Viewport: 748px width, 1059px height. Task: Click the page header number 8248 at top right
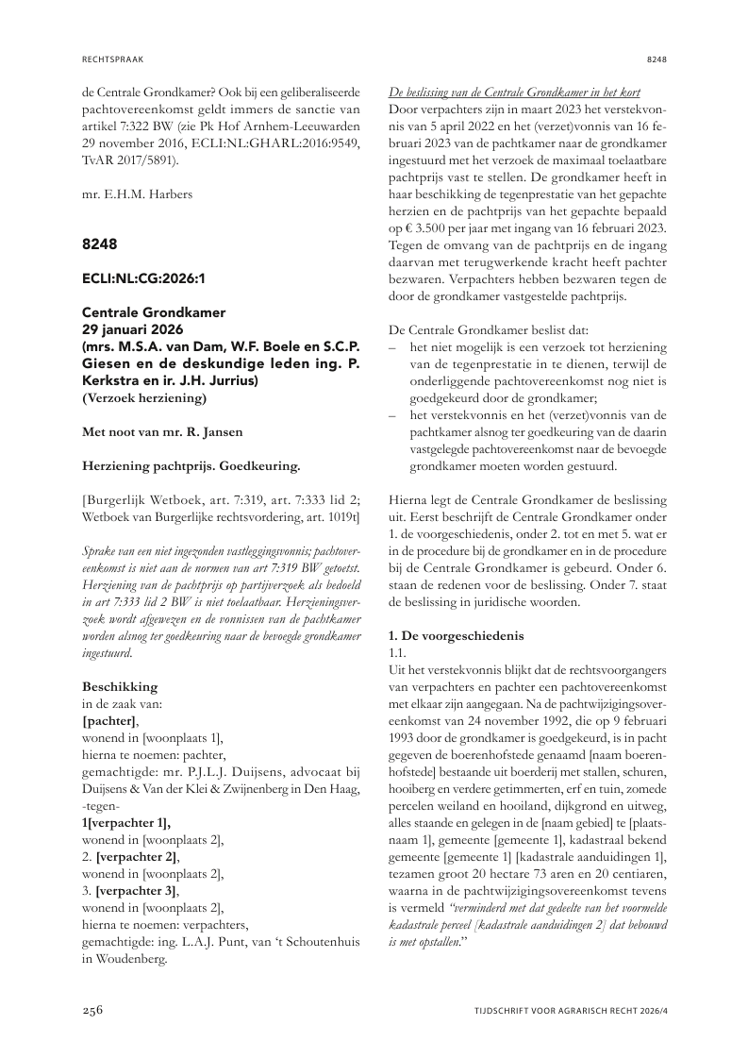[x=657, y=59]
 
